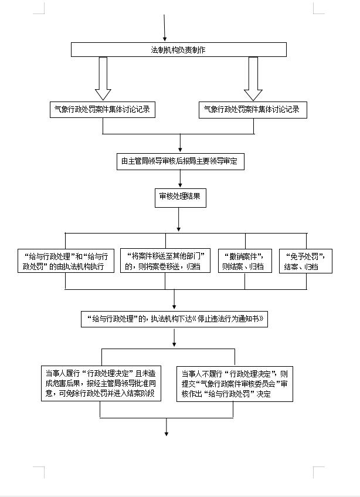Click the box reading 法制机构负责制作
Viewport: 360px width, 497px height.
[x=179, y=50]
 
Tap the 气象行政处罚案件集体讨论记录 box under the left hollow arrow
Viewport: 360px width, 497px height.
[x=103, y=109]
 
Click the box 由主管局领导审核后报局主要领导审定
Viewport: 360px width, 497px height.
[x=179, y=161]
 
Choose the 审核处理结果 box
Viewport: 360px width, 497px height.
[x=179, y=197]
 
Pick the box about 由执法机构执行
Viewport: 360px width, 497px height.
[x=65, y=261]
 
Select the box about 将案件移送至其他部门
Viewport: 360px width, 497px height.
[x=165, y=261]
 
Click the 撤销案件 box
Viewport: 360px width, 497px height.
[x=245, y=261]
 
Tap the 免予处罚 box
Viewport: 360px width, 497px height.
[x=305, y=261]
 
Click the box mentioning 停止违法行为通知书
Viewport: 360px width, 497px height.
[x=174, y=319]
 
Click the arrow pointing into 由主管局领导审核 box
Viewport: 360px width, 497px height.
[x=179, y=144]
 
